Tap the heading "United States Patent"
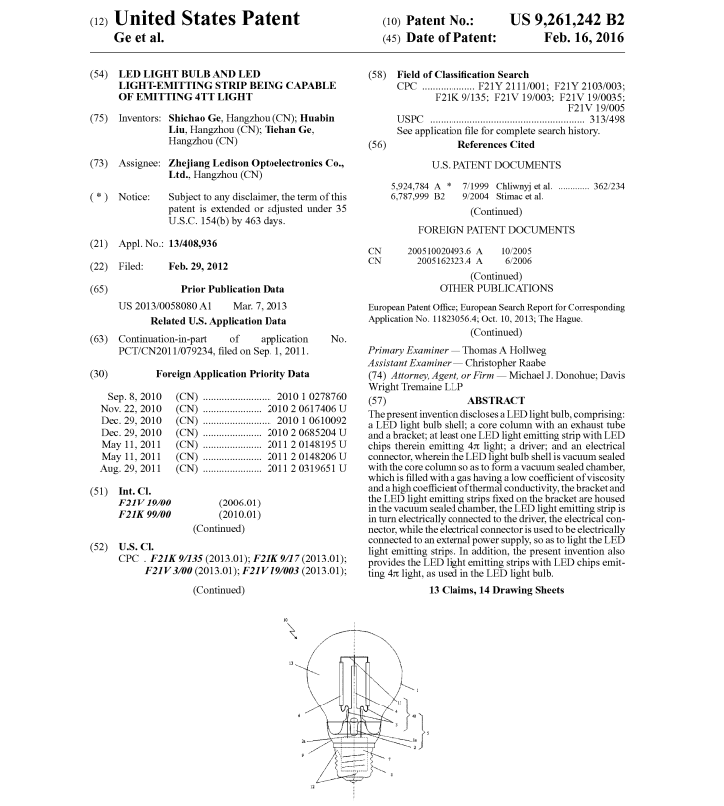coord(207,18)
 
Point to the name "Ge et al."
coord(140,38)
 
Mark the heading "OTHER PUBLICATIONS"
coord(495,288)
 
